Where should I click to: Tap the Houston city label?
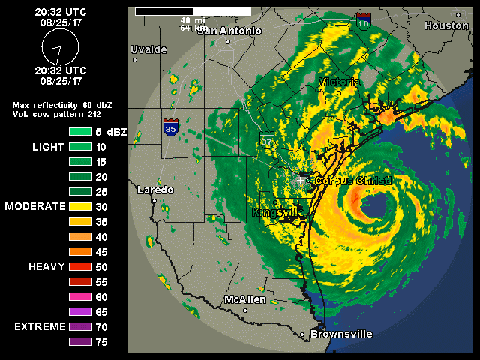446,25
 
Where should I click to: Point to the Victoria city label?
339,82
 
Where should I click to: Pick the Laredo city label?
154,190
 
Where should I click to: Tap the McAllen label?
245,299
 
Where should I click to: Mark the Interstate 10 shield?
364,20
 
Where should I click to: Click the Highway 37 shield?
267,139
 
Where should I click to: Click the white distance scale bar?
193,12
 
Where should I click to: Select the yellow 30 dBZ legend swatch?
80,205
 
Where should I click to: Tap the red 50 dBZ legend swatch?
80,266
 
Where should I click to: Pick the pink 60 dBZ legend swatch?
80,296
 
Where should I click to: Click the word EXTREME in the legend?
38,327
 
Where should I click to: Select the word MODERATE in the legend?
35,205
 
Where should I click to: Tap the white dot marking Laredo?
154,201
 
